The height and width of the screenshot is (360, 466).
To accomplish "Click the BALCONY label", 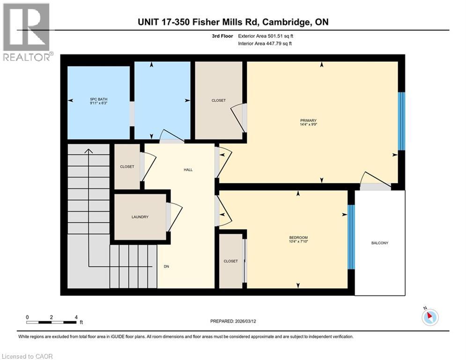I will [x=380, y=243].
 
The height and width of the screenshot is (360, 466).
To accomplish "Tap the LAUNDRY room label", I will [x=140, y=217].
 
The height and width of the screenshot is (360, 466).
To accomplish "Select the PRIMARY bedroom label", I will [x=309, y=120].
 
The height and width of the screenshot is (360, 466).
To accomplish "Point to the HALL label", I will [x=187, y=170].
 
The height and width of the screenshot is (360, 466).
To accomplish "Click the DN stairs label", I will [x=166, y=266].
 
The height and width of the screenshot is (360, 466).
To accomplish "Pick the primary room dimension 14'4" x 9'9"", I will [x=309, y=125].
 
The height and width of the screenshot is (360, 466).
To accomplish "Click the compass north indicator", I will [x=430, y=316].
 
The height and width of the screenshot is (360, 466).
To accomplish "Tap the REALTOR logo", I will [x=26, y=31].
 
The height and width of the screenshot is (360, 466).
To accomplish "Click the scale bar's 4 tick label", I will [x=76, y=317].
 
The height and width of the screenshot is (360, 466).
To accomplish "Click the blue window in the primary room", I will [x=401, y=120].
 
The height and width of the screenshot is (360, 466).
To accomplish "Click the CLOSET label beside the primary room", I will [x=218, y=100].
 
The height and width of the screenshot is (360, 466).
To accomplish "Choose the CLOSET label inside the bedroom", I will [x=230, y=261].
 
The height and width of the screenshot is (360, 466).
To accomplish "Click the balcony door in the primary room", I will [x=374, y=182].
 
